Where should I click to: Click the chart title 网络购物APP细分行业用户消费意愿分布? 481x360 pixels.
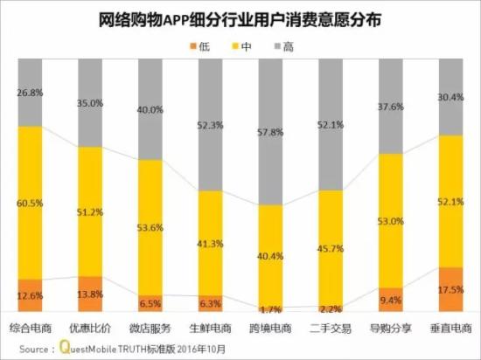[240, 18]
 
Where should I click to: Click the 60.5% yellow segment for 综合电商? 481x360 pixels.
[30, 203]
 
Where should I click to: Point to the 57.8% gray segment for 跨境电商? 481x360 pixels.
[270, 131]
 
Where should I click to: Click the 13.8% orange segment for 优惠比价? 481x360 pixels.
[90, 294]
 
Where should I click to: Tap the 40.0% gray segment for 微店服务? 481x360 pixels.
[150, 109]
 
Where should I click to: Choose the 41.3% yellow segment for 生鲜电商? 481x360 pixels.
[210, 242]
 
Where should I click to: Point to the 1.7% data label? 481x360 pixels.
[270, 308]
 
